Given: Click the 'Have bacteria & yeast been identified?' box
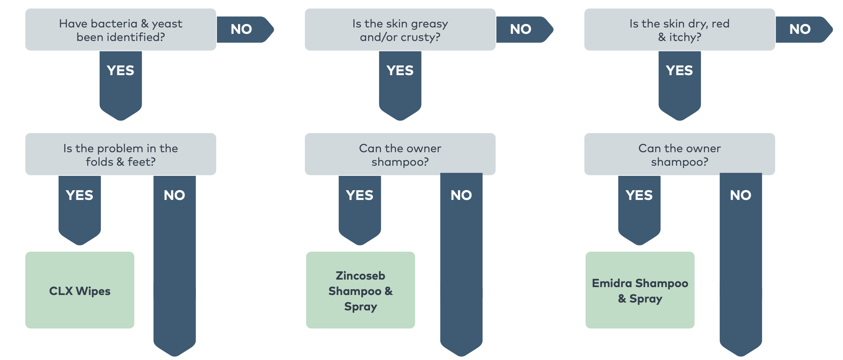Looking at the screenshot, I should coord(120,30).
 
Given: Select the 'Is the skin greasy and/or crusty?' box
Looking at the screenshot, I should coord(400,30).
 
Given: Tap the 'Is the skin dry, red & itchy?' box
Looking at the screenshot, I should coord(679,30).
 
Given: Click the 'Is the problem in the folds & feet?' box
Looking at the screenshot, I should coord(120,154).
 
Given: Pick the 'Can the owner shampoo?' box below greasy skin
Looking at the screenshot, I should coord(400,154).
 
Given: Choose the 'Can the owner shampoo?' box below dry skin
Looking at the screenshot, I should coord(679,154).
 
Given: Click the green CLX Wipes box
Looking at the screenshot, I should coord(80,290).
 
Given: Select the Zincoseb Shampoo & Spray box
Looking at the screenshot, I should coord(360,290).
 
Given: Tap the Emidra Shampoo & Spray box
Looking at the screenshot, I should coord(640,290).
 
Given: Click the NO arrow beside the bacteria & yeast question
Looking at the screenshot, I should coord(241,29).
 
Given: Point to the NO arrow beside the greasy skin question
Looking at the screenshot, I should coord(521,29).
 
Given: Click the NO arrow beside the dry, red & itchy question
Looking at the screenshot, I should coord(800,29).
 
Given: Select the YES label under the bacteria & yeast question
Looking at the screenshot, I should coord(120,71).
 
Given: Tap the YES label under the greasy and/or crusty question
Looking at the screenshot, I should coord(400,71).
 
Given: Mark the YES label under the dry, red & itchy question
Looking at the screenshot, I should coord(679,71).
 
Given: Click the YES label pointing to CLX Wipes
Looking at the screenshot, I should coord(79,195).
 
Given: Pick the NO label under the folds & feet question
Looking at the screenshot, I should coord(174,195).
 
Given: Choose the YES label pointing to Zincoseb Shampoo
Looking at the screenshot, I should coord(359,195).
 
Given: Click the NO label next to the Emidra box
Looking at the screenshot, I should coord(740,195).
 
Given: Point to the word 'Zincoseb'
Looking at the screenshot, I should coord(360,276).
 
